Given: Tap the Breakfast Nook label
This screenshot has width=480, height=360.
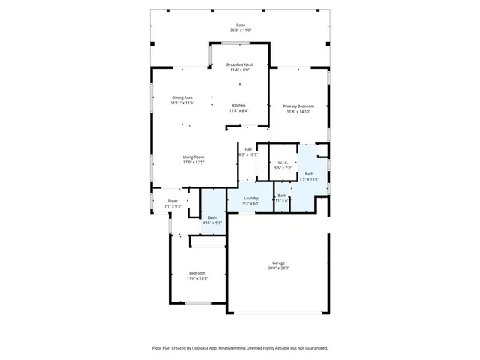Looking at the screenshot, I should (x=239, y=64).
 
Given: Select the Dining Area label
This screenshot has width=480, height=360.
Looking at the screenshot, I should (x=182, y=97).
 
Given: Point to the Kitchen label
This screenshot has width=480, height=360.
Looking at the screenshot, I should (x=238, y=105).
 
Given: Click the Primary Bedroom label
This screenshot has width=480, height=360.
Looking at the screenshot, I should (x=298, y=106).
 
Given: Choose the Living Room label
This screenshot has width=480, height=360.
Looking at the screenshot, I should (x=193, y=157).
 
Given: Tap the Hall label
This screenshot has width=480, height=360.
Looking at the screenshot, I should (x=247, y=149).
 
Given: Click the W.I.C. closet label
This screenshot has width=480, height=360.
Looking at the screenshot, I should (x=283, y=162).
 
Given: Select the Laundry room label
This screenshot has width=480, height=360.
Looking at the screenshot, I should (x=250, y=198).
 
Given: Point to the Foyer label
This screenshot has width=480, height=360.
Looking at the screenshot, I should (x=172, y=201).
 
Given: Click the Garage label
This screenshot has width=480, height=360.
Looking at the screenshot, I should (x=278, y=262).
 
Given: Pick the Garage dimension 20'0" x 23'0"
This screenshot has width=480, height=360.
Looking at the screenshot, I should (x=278, y=268).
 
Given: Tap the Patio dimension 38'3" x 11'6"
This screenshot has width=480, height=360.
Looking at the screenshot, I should (x=239, y=31).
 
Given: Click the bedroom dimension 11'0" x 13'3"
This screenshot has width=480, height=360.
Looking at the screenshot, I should (x=197, y=278).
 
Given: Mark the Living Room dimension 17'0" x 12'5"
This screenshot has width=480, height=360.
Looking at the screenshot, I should (x=193, y=162).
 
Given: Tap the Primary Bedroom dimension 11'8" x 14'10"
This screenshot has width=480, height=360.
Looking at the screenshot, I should (x=298, y=112).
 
